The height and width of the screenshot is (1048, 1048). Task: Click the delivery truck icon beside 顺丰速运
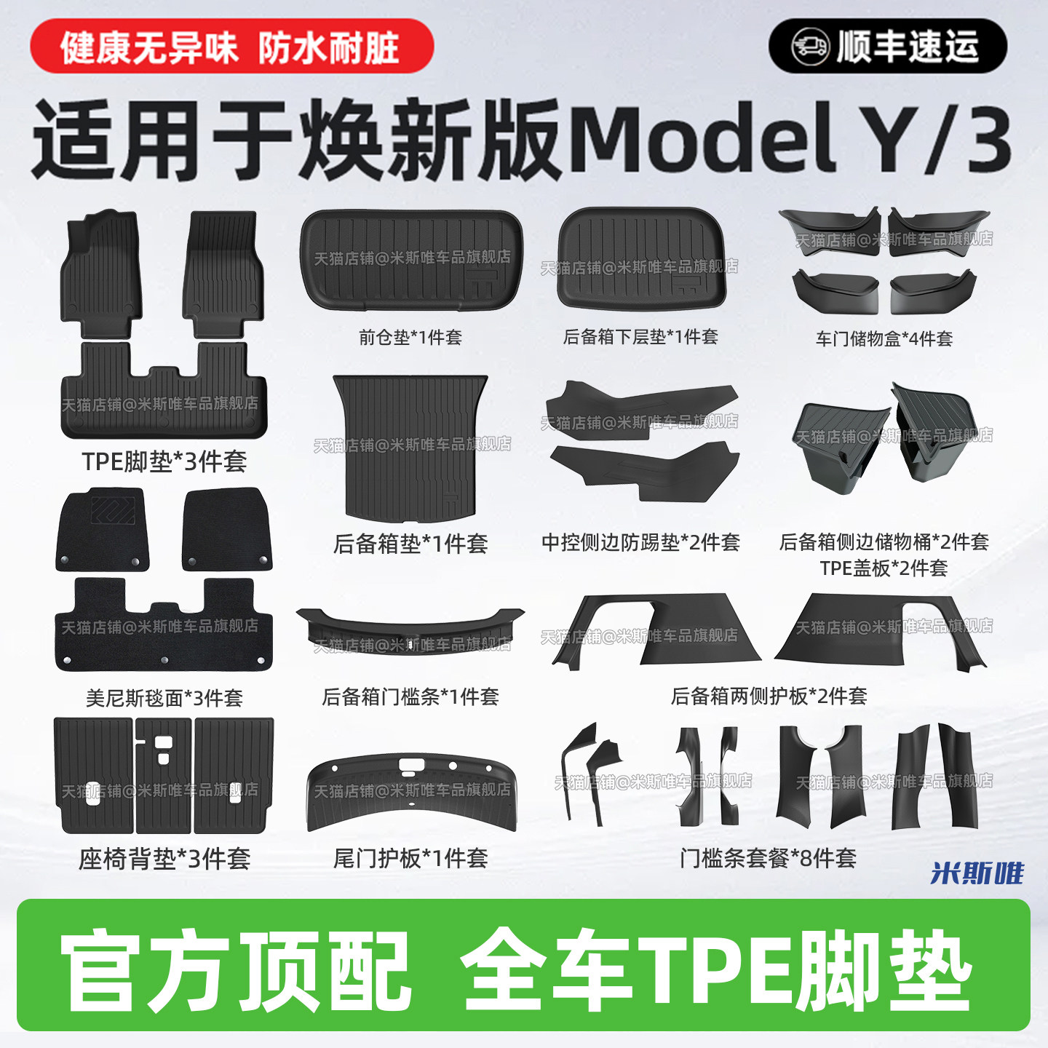(809, 47)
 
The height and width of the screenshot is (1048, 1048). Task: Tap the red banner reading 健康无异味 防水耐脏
(231, 47)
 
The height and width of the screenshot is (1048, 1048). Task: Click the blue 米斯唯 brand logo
(977, 873)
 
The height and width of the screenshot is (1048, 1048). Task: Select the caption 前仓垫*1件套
(410, 338)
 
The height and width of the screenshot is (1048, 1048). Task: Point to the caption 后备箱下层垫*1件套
(640, 337)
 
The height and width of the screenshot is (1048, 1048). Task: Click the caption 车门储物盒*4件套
(884, 338)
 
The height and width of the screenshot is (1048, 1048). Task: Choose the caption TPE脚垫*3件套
(164, 461)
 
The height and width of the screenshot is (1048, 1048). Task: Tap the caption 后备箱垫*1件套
(410, 544)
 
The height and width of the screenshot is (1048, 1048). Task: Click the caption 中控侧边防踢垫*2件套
(640, 542)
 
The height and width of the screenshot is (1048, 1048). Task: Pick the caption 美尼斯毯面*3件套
(164, 699)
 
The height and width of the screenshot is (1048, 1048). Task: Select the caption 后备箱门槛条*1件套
(410, 696)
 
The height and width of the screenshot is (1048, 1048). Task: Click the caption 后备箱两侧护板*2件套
(769, 696)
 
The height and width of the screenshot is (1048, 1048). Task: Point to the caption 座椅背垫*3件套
(164, 860)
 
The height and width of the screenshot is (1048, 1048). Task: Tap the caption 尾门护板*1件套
(410, 859)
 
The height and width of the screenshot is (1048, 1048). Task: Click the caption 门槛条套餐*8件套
(769, 859)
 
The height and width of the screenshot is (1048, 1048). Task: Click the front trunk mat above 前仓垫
(410, 260)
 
